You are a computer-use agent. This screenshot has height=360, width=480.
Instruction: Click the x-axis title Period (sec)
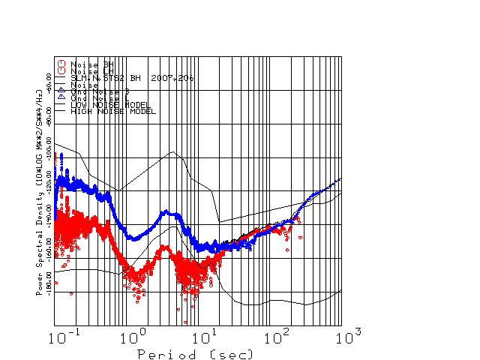[195, 353]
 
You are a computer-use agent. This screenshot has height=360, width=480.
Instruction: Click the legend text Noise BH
[89, 64]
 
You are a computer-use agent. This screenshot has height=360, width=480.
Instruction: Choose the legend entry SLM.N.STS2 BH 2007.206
[132, 77]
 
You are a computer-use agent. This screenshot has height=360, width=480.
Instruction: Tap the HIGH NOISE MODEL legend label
[112, 112]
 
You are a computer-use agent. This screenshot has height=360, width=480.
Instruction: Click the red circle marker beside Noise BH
[61, 64]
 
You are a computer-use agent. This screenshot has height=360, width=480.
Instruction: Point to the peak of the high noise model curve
[173, 152]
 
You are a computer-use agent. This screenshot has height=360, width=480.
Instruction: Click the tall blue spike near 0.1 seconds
[61, 155]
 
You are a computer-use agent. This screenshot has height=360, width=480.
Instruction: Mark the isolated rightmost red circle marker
[300, 237]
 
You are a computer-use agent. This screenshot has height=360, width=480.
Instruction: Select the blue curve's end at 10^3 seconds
[341, 178]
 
